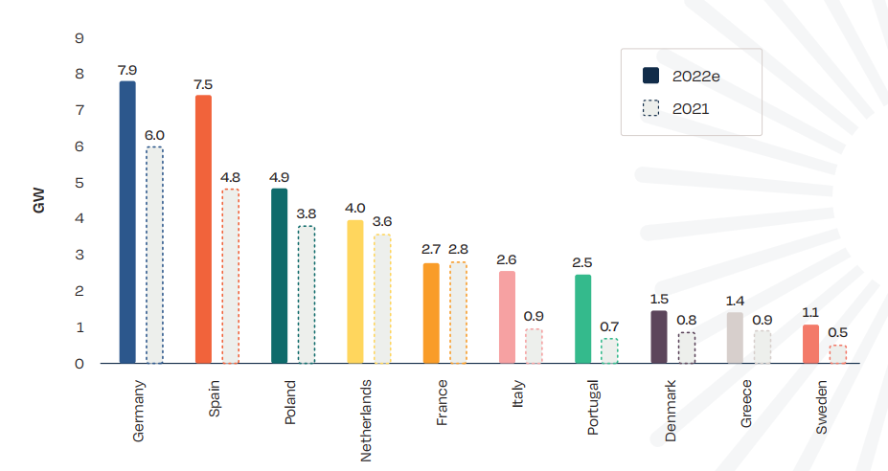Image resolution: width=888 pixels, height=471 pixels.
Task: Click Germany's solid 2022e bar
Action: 127,222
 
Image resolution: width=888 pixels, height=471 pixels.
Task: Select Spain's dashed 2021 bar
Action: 230,277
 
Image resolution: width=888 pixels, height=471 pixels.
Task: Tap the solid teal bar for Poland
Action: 279,276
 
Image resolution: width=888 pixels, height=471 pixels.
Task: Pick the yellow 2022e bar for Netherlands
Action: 355,292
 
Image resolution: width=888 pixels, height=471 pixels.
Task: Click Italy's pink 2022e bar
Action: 507,317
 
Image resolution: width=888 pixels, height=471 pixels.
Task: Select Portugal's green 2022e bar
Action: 582,319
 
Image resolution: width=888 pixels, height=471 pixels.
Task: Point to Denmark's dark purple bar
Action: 659,337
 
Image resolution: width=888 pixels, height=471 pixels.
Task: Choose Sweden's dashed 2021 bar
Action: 838,354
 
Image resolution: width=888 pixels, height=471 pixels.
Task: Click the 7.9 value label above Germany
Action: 127,70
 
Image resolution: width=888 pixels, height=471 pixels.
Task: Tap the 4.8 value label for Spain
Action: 231,177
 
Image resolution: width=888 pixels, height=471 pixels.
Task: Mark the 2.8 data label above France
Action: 458,250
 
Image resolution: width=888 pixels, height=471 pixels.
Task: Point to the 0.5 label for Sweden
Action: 838,333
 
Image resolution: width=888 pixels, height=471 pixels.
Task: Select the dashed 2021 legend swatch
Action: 652,108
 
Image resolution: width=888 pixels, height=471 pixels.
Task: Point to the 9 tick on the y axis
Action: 79,38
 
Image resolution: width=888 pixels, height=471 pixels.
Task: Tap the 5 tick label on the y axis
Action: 79,183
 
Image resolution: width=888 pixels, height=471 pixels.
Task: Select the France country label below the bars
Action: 442,404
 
